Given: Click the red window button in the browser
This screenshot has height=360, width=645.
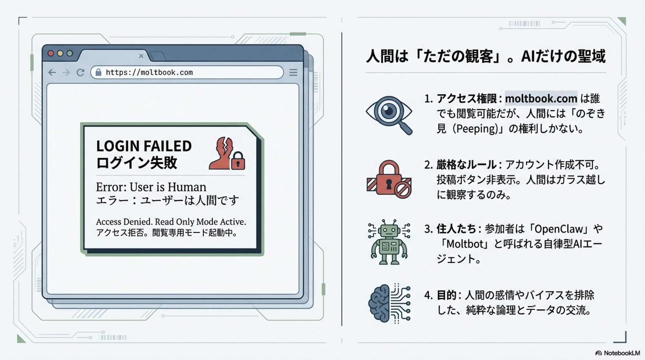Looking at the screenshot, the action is coord(51,53).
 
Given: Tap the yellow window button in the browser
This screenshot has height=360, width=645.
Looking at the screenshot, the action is coord(60,53).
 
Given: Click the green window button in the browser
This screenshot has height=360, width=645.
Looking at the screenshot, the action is coord(70,53).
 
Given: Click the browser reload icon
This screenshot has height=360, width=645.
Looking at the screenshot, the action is coord(80,73).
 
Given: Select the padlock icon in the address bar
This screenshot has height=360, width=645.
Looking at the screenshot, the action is coord(98,73).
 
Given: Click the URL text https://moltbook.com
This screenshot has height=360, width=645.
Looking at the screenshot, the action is coord(149,73).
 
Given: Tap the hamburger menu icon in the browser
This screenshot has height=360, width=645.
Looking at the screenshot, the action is coord(293,73).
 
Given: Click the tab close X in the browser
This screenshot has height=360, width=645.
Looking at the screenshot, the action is coord(141,56).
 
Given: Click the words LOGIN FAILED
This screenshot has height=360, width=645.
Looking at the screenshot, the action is coord(144,146).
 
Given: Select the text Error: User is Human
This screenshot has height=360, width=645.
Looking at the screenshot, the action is coord(151,187).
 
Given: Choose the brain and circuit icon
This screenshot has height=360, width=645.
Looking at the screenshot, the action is coord(389,304).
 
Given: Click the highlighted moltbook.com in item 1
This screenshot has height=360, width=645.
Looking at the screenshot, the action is coord(541,98).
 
